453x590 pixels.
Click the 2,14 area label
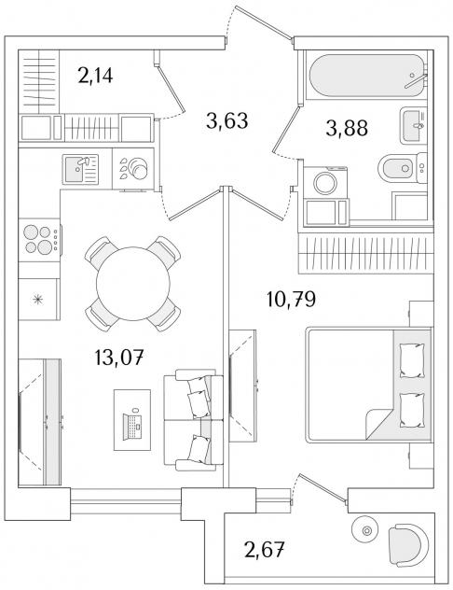coord(95,76)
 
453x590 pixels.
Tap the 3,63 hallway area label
coord(227,121)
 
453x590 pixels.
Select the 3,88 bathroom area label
coord(347,128)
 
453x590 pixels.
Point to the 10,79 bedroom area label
coord(291,299)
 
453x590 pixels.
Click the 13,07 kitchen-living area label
coord(120,358)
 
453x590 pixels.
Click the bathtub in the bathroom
coord(366,76)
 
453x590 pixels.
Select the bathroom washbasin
coord(413,126)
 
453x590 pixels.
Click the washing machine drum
coord(325,183)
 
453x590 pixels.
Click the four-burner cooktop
coord(40,240)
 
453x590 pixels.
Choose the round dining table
coord(133,284)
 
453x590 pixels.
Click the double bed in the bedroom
coord(369,385)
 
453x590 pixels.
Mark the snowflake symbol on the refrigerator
coord(37,299)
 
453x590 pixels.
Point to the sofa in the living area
coord(194,419)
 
